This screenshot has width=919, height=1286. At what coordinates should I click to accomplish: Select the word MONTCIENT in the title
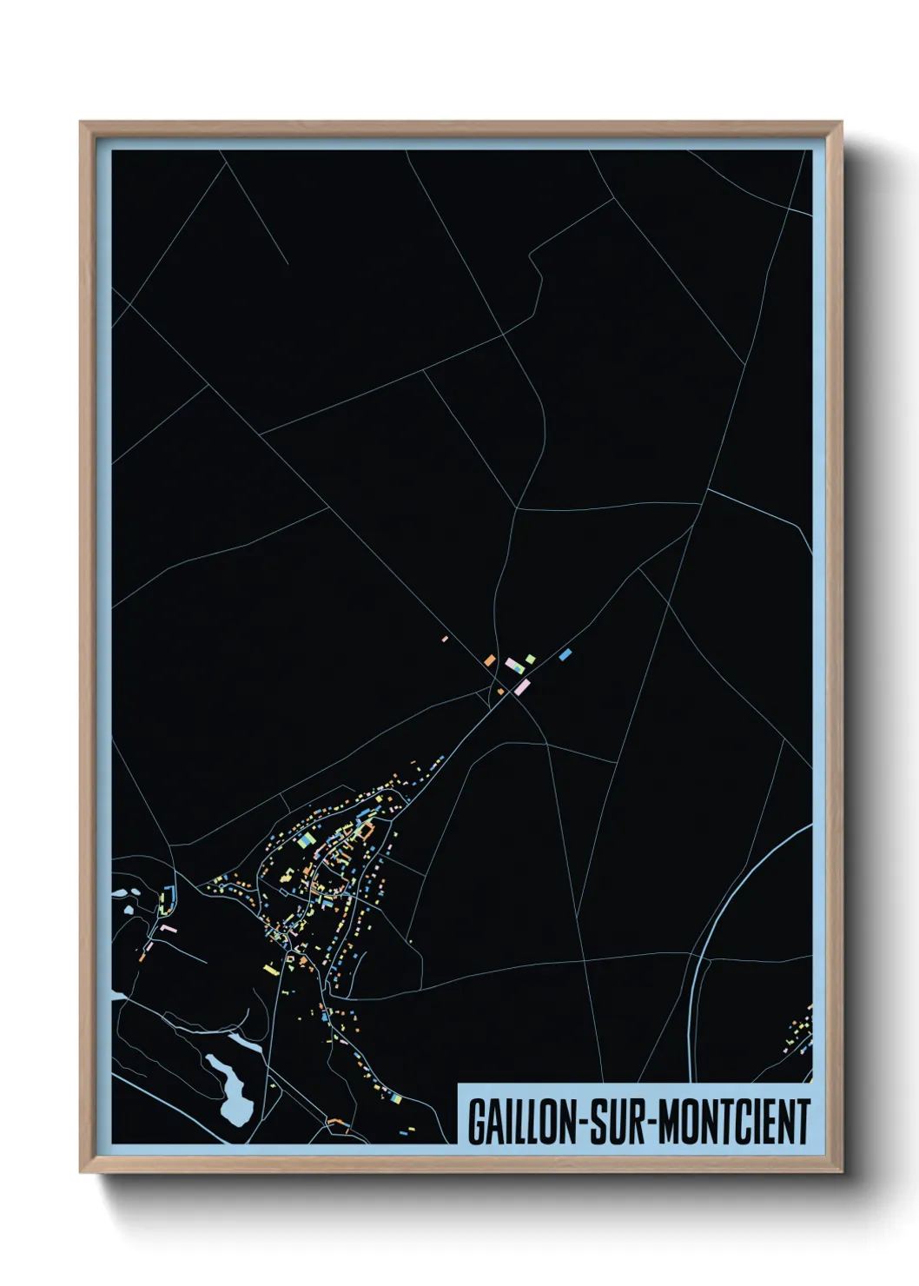pos(735,1122)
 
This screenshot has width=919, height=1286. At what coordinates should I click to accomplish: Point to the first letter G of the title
pos(477,1122)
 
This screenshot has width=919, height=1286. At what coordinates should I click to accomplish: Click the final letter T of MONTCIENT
pos(803,1122)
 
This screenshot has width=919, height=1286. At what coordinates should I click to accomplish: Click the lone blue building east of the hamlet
pos(565,653)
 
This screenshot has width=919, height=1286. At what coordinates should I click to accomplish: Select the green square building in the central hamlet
pos(529,660)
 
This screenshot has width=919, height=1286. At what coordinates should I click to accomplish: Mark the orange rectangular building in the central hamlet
pos(490,660)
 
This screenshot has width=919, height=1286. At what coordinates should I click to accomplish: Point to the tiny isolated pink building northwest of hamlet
pos(445,639)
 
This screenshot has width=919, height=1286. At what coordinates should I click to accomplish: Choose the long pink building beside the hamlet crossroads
pos(521,687)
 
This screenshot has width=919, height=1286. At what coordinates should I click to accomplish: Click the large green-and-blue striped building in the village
pos(305,839)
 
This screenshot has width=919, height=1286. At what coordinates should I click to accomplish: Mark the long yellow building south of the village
pos(270,968)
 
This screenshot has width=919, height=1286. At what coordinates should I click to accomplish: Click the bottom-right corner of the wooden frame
pos(841,1171)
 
